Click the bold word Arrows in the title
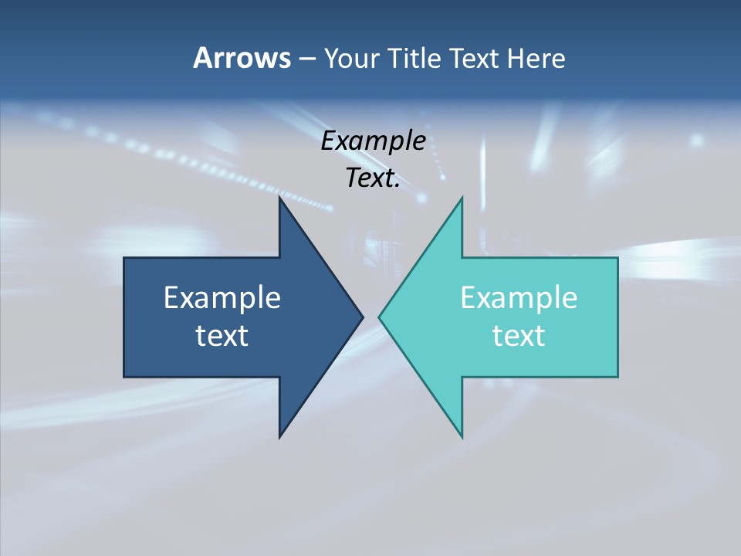point(242,58)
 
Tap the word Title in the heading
point(415,59)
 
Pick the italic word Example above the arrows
point(373,141)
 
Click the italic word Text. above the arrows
point(373,178)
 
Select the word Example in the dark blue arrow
point(222,297)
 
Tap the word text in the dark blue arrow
point(222,335)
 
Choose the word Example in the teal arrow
point(519,297)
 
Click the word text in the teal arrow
point(519,335)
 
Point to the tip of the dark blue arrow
point(363,316)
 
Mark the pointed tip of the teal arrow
point(379,316)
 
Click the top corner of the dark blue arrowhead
point(279,198)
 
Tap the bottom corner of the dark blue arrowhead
point(279,437)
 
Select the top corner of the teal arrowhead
point(462,198)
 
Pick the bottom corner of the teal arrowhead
point(462,437)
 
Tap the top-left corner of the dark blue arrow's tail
point(124,258)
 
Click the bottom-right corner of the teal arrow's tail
point(617,377)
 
